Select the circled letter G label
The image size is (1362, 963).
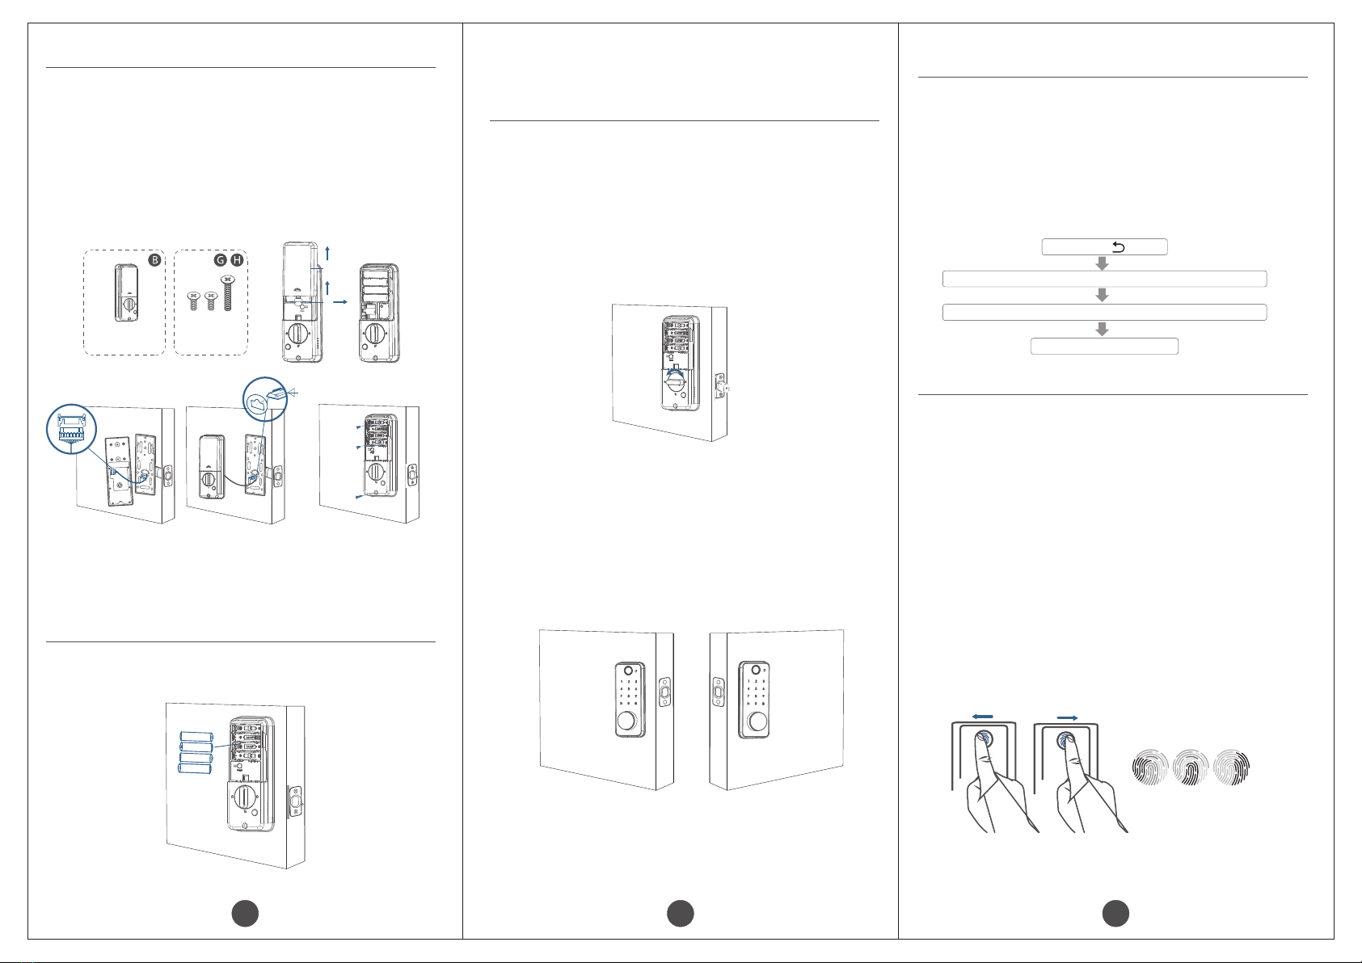220,260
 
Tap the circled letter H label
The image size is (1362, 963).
236,260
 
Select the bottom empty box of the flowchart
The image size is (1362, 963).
1104,347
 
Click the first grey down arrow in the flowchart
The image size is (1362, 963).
1101,263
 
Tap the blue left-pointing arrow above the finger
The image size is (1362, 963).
983,717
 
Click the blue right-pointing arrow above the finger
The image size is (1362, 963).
1067,717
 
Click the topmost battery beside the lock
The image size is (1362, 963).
196,737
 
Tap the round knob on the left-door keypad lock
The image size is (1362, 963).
626,721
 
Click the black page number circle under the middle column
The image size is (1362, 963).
681,914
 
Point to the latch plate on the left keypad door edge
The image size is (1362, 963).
665,692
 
